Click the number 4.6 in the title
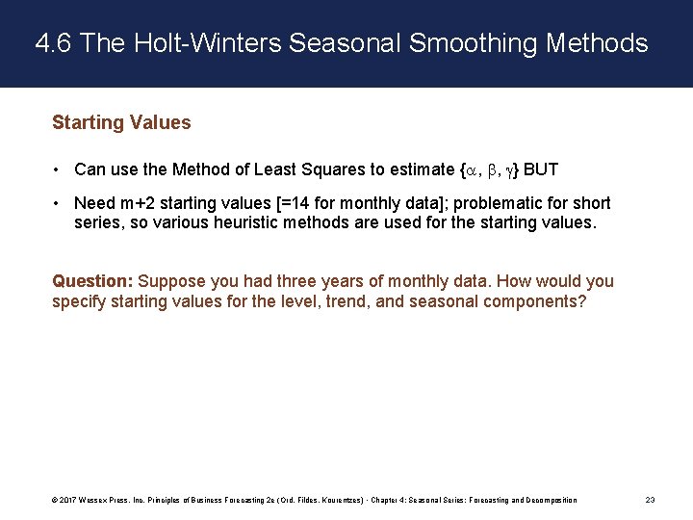pos(55,43)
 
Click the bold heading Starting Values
pos(121,122)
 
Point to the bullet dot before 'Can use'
pos(59,170)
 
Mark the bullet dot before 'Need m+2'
pos(59,203)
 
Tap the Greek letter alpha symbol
pos(469,170)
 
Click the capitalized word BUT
pos(541,169)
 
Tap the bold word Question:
pos(92,281)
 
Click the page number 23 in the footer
pos(651,500)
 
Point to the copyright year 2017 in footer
pos(67,500)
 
